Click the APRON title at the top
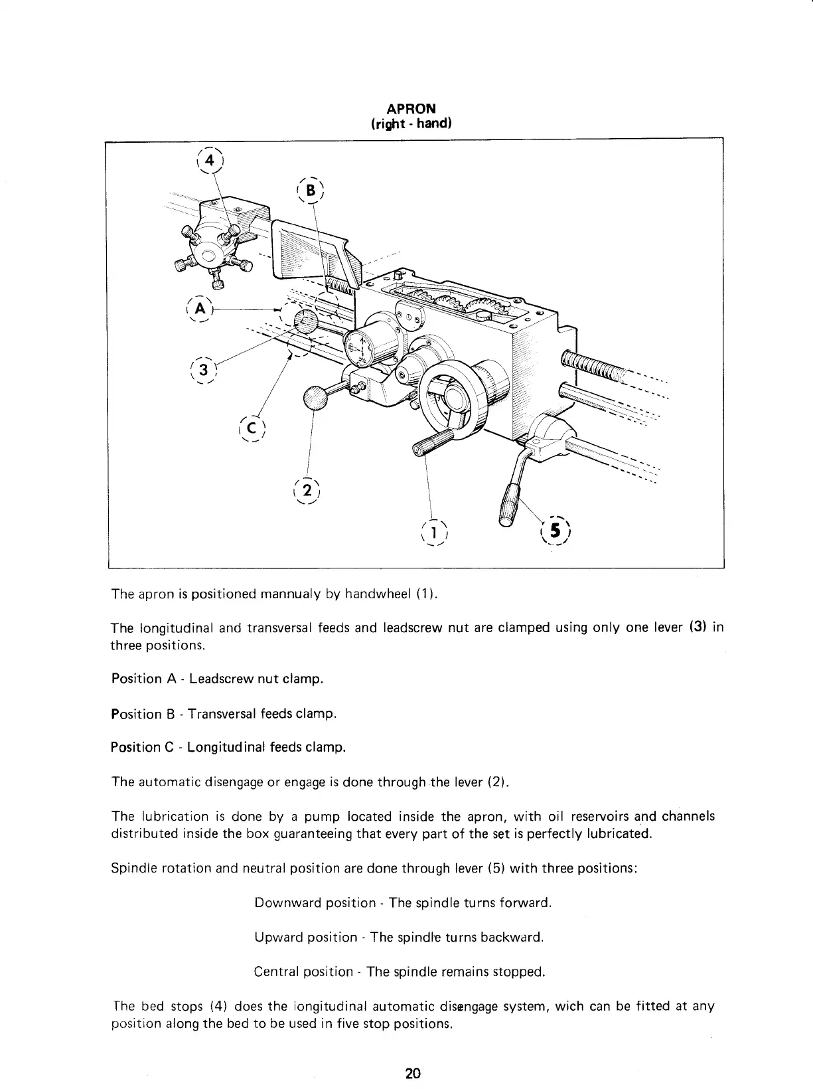tap(411, 109)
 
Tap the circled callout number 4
tap(210, 161)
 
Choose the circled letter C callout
tap(253, 426)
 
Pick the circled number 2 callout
tap(306, 492)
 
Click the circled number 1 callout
tap(434, 532)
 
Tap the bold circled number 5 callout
tap(555, 531)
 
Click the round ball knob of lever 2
tap(316, 399)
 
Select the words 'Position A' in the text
tap(137, 679)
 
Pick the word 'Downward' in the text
tap(283, 903)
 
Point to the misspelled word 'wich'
tap(569, 1007)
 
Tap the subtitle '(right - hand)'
tap(411, 124)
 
